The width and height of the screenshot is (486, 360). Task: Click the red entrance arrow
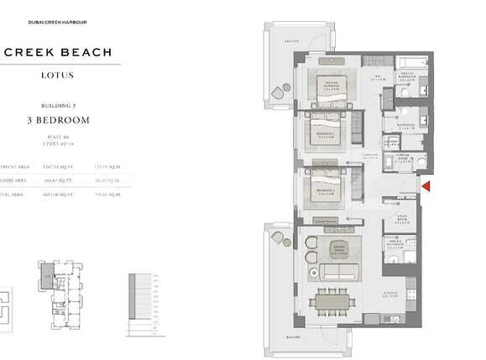[x=425, y=187]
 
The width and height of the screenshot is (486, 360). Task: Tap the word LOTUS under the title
[x=58, y=76]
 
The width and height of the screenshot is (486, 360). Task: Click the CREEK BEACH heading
[x=58, y=52]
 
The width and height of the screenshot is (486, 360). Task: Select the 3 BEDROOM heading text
[x=58, y=120]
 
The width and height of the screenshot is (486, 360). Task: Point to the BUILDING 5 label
[x=58, y=106]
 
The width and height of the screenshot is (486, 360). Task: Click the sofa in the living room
[x=337, y=273]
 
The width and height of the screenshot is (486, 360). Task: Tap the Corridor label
[x=370, y=156]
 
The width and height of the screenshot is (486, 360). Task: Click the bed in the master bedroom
[x=330, y=88]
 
